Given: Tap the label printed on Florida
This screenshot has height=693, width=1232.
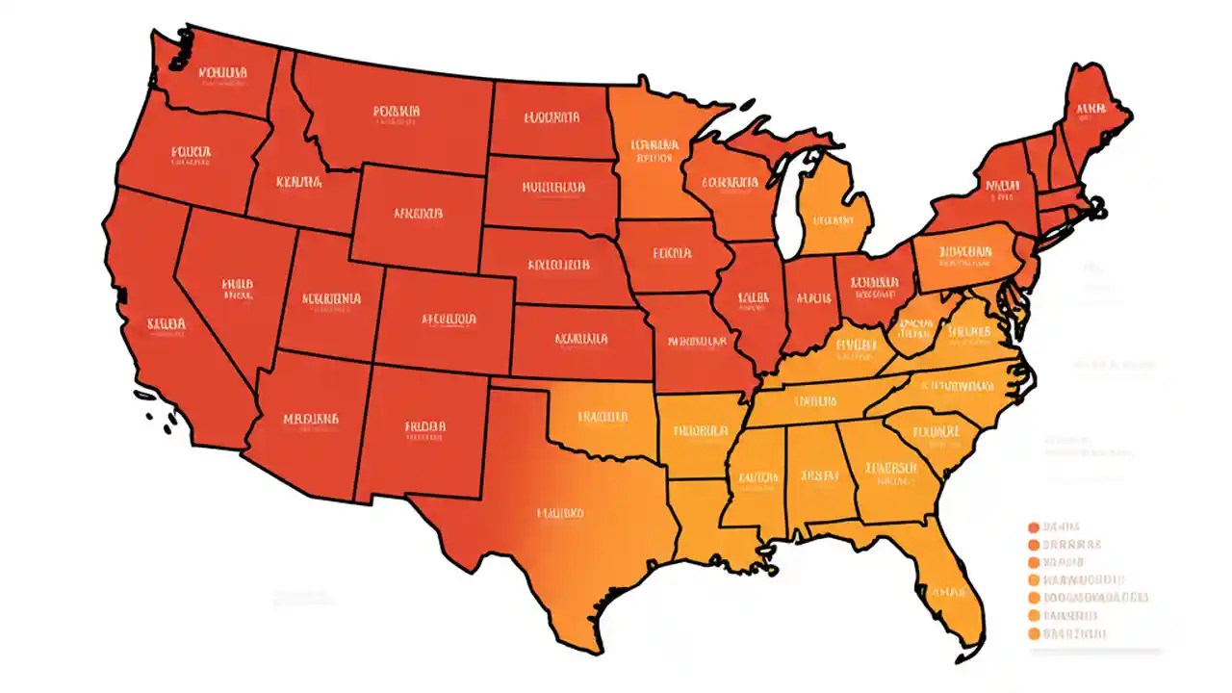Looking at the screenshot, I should [x=950, y=591].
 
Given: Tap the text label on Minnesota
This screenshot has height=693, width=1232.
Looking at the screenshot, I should [x=655, y=149].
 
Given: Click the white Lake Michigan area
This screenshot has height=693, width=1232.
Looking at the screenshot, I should [x=792, y=207].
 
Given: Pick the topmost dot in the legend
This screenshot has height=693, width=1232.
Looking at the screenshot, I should [x=1034, y=526].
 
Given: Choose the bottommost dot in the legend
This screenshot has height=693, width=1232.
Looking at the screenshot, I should [x=1034, y=633].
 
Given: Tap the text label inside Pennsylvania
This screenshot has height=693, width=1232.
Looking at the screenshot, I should [x=964, y=254].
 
